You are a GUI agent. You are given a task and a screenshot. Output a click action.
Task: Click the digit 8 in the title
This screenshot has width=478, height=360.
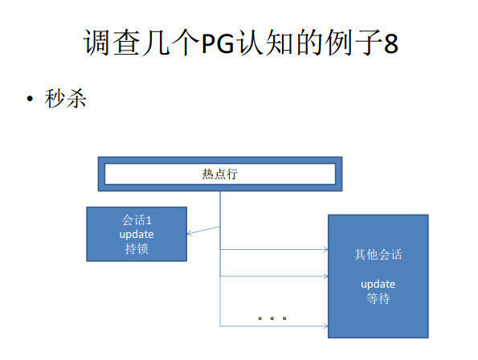coord(391,43)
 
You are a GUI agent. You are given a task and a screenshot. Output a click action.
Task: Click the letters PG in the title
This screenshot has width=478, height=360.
coord(218,43)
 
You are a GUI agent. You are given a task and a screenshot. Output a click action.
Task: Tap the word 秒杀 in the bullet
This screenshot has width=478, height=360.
coord(65,99)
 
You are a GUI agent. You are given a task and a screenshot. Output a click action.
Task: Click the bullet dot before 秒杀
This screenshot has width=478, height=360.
coord(30,99)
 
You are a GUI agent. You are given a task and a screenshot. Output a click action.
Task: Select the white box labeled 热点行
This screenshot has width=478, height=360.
coord(220,174)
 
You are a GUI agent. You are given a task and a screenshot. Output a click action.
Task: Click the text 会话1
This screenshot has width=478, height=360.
coord(137,220)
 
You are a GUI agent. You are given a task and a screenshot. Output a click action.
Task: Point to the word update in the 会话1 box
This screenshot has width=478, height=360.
coord(137,235)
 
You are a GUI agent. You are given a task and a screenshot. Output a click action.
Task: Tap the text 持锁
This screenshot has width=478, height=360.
coord(137,249)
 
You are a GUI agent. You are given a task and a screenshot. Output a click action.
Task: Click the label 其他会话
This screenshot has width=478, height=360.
coord(378,254)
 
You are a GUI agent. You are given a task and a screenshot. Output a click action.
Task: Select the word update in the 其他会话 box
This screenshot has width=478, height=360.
coord(378,284)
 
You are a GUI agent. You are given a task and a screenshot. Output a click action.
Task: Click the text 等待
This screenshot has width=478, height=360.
coord(378,298)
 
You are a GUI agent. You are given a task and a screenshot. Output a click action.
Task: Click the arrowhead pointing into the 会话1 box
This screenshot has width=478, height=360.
coord(189,233)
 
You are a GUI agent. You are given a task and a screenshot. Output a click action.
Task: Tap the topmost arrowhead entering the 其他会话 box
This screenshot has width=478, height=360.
coord(326,250)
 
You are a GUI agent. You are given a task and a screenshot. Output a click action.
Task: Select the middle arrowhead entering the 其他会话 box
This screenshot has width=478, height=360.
coord(326,276)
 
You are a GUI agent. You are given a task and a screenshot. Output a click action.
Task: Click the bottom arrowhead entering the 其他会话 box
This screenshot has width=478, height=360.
coord(326,326)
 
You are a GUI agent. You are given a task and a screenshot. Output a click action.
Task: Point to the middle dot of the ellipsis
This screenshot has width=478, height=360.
coord(272,318)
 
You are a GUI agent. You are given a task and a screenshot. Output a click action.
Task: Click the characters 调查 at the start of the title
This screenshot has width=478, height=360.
coord(112,43)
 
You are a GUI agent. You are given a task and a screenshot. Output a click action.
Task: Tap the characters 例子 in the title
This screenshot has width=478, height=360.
coord(353,43)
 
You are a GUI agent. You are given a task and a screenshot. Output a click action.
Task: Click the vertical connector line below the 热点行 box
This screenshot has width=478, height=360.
coord(220,259)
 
